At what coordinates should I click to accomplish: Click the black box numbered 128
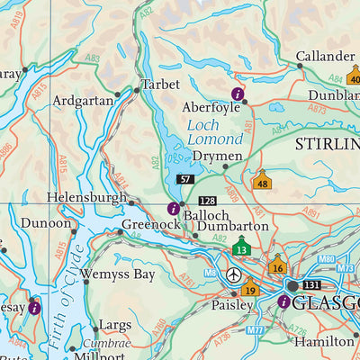tap(208, 200)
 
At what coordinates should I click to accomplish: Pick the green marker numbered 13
tap(240, 247)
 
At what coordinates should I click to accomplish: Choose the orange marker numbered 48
tap(262, 182)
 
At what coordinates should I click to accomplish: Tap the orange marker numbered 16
tap(277, 266)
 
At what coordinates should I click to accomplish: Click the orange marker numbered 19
tap(249, 289)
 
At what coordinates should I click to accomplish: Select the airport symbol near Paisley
tap(234, 274)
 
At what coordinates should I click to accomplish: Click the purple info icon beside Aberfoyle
tap(238, 93)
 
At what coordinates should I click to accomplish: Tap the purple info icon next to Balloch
tap(173, 209)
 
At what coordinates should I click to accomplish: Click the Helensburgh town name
tap(86, 196)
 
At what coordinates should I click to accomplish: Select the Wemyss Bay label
tap(117, 274)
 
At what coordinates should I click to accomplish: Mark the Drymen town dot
tap(225, 166)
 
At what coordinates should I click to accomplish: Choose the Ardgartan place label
tap(84, 100)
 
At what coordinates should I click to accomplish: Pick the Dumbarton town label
tap(234, 226)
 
